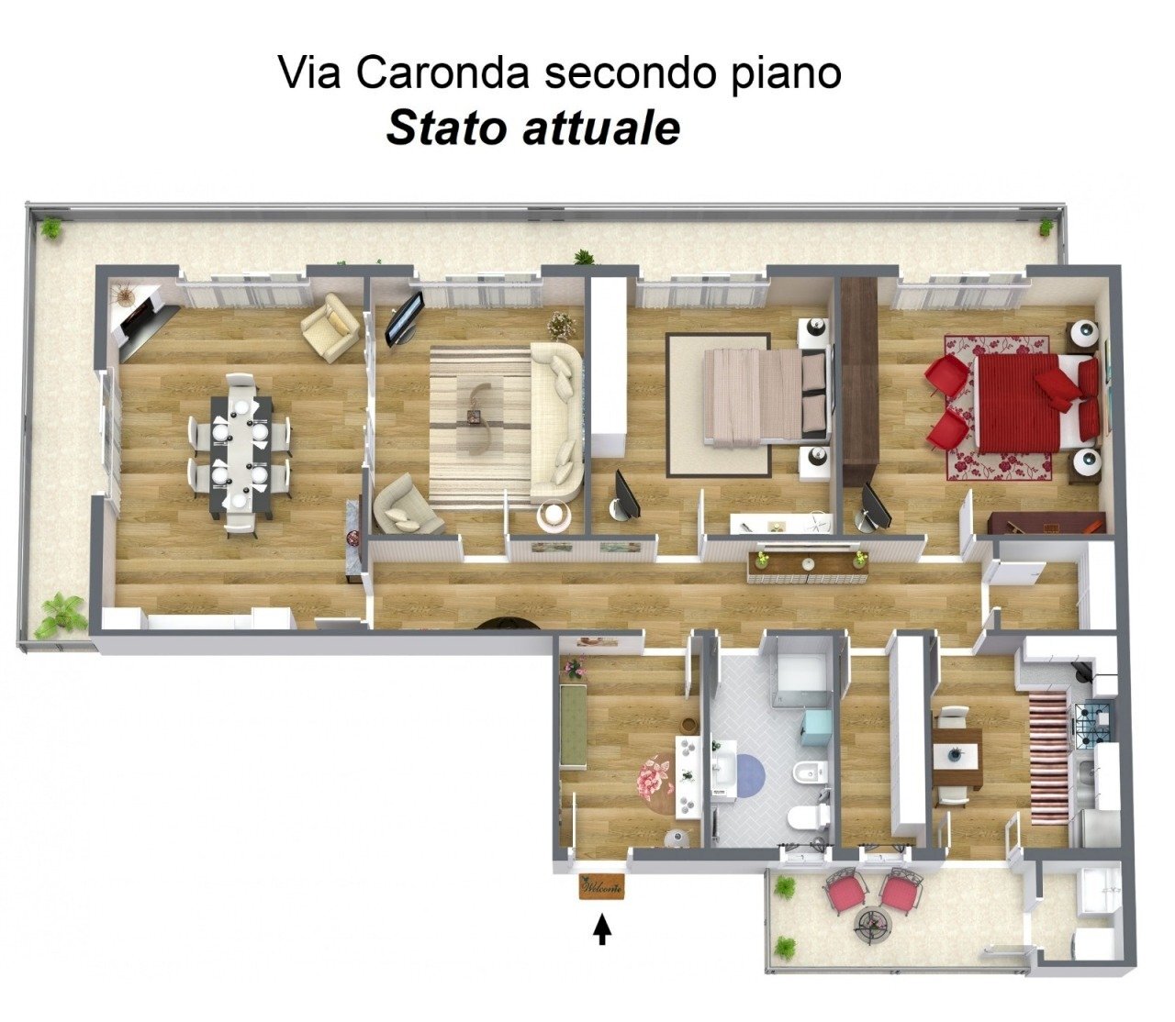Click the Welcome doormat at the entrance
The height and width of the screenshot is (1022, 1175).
601,887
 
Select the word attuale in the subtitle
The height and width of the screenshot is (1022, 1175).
601,128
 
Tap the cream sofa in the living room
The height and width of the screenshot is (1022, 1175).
557,422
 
